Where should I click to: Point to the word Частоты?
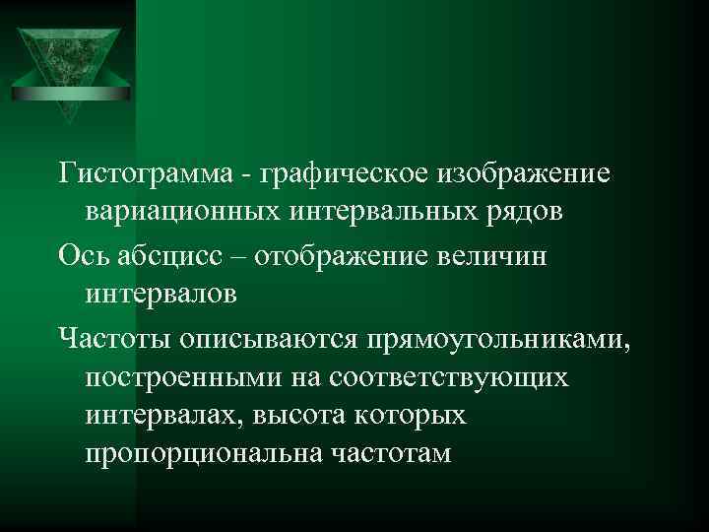pos(113,337)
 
